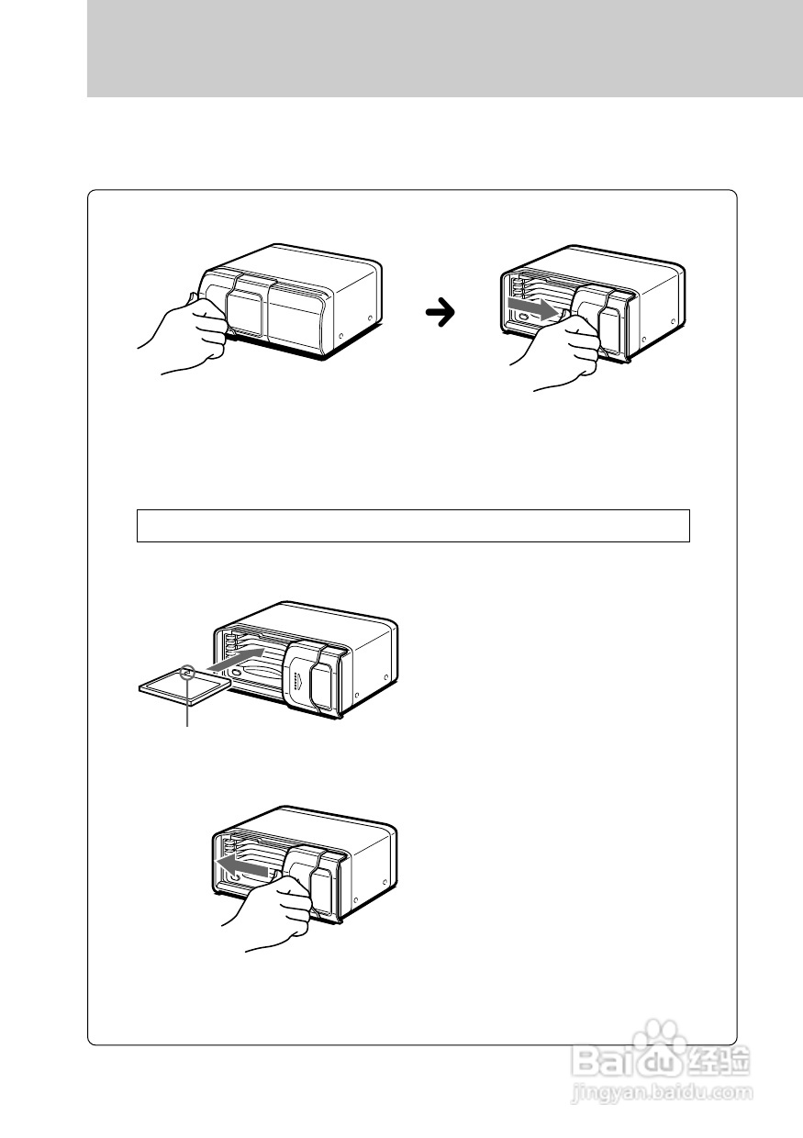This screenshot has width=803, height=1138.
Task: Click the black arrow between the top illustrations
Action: (442, 314)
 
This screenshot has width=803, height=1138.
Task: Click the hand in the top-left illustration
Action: (187, 336)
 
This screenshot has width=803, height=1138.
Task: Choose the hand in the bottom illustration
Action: (274, 913)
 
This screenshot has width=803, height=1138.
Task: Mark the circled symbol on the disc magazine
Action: (190, 672)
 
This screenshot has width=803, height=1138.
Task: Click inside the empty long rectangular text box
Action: (413, 526)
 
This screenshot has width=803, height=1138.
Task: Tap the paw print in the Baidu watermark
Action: (662, 1045)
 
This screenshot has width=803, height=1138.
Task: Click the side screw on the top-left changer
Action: (370, 320)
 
